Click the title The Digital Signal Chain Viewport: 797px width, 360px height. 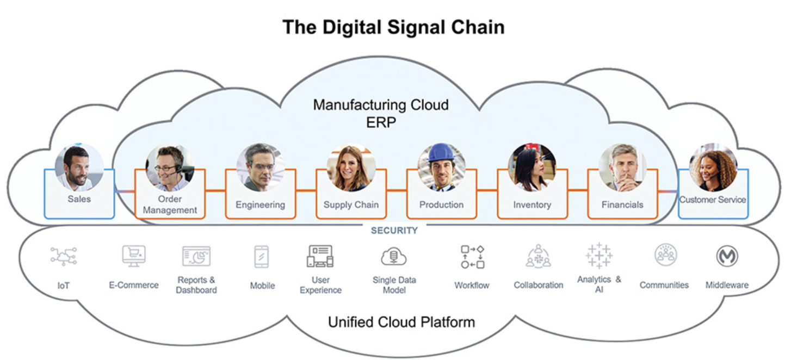pyautogui.click(x=393, y=27)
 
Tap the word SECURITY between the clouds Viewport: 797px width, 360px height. pyautogui.click(x=394, y=231)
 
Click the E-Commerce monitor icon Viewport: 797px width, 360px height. pyautogui.click(x=133, y=256)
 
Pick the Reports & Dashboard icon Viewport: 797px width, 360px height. pyautogui.click(x=196, y=256)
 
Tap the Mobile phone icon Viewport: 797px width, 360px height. pyautogui.click(x=262, y=257)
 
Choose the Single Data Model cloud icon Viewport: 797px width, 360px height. pyautogui.click(x=394, y=256)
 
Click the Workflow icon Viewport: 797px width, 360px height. pyautogui.click(x=472, y=257)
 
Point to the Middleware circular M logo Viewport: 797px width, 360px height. pyautogui.click(x=727, y=256)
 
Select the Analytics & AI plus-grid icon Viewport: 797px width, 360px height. pyautogui.click(x=599, y=256)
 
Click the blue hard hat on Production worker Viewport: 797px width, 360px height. pyautogui.click(x=441, y=152)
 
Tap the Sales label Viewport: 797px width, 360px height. pyautogui.click(x=79, y=199)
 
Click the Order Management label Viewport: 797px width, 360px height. pyautogui.click(x=170, y=204)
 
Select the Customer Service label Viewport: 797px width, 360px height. pyautogui.click(x=713, y=200)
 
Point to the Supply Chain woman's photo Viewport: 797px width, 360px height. pyautogui.click(x=350, y=167)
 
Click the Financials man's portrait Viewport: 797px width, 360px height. pyautogui.click(x=622, y=167)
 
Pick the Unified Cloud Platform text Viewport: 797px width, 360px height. pyautogui.click(x=401, y=322)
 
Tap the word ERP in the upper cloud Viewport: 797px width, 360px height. pyautogui.click(x=381, y=122)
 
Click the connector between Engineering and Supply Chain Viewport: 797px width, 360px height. pyautogui.click(x=306, y=190)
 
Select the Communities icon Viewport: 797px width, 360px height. pyautogui.click(x=665, y=255)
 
